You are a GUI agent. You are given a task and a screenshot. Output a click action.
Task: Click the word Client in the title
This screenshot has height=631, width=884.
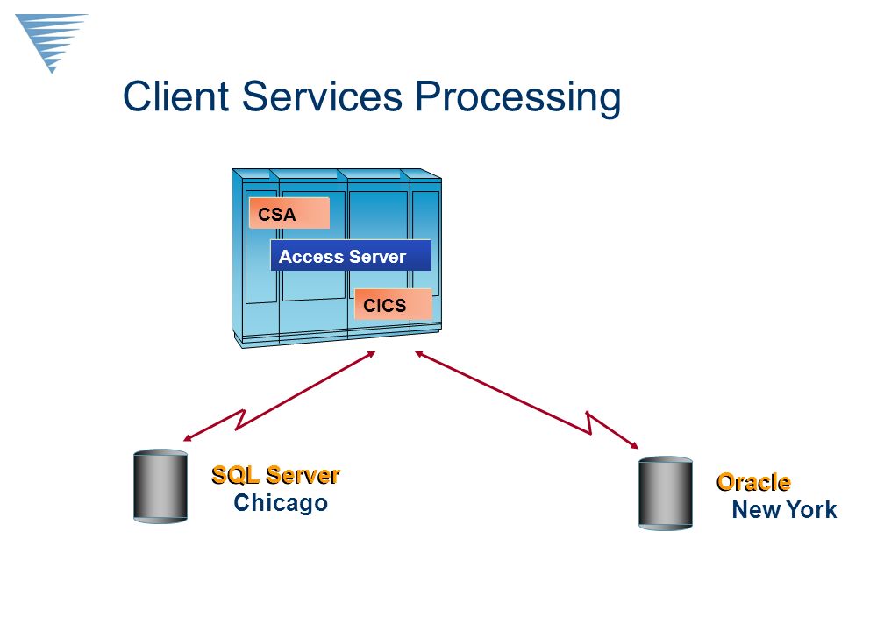pos(176,96)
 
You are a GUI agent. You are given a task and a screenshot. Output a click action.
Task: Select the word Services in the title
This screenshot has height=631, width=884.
pos(322,96)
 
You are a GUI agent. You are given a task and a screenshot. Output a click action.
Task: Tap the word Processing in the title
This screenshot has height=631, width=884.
pos(517,98)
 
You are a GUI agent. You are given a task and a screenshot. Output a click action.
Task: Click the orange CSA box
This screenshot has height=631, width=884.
pos(289,213)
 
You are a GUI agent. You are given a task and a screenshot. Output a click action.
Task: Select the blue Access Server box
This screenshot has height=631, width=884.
pos(351,256)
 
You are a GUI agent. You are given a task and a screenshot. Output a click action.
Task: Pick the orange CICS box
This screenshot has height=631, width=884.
pos(393,305)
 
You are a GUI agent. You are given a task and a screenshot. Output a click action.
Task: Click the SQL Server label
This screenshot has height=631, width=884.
pos(275,475)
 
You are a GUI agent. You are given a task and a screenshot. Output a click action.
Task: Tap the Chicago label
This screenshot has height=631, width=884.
pos(281,502)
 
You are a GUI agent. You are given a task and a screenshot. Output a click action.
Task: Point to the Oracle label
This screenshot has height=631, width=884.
pos(753,482)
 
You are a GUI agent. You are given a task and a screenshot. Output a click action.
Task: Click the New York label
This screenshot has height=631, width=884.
pos(784,510)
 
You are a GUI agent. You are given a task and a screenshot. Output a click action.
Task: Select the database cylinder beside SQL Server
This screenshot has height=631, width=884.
pos(160,486)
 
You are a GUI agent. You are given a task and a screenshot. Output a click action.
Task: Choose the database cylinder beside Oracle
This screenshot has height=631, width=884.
pos(666,493)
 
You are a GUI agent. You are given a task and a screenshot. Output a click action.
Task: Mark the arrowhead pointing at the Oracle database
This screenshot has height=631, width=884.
pos(634,445)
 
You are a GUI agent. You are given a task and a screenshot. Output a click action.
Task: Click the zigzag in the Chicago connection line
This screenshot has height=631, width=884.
pos(239,420)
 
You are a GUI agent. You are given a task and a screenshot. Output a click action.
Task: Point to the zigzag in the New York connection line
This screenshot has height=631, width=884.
pos(589,423)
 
